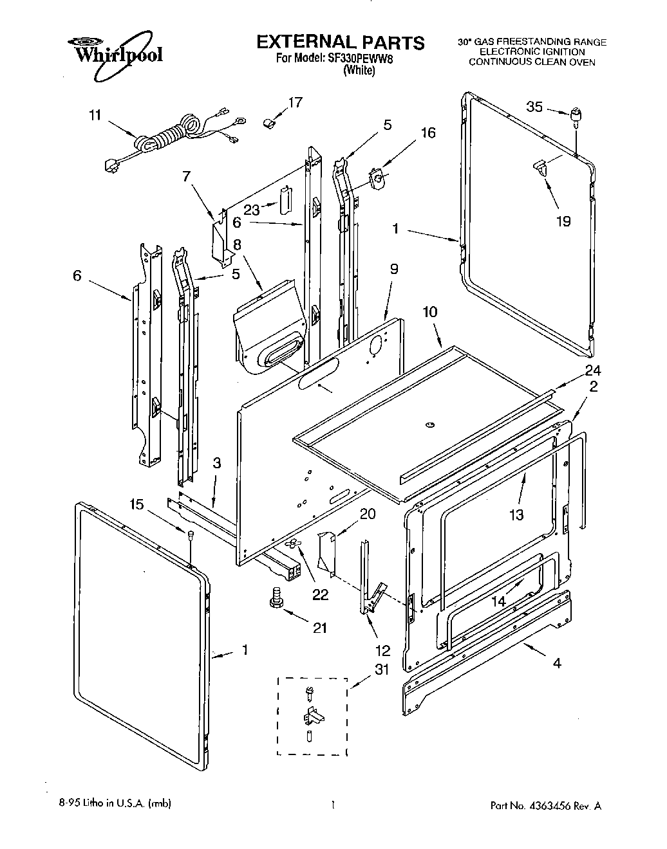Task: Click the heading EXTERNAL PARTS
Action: (341, 42)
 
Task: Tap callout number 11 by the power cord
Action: (95, 116)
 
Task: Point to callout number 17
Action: (295, 102)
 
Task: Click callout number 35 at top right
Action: (535, 107)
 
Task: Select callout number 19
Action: (563, 221)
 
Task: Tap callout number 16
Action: (428, 133)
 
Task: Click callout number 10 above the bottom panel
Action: (430, 312)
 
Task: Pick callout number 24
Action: (592, 370)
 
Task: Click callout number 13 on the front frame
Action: (516, 514)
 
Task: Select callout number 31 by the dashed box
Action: (382, 670)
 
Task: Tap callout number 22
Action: (320, 594)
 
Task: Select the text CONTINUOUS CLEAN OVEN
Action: (532, 62)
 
